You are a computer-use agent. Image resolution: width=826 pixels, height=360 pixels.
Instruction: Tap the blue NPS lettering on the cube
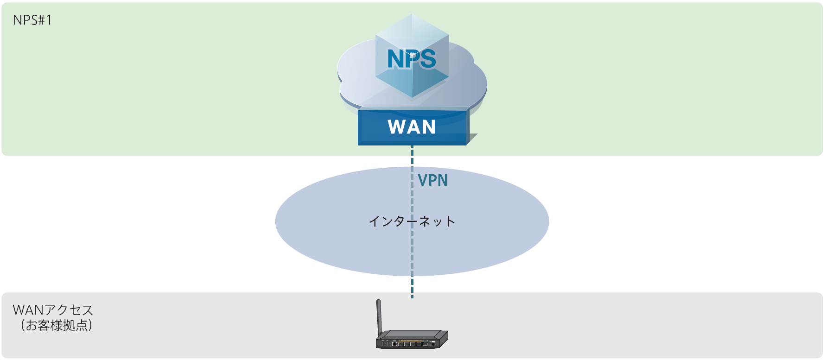pos(412,59)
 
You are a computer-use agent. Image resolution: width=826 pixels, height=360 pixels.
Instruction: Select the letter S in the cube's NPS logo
pos(427,59)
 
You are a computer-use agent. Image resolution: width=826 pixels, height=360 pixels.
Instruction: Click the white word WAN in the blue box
pos(412,127)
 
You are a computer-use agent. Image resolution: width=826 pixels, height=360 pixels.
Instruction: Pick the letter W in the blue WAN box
pos(397,127)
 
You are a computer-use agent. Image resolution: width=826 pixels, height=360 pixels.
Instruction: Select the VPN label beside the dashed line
pos(432,180)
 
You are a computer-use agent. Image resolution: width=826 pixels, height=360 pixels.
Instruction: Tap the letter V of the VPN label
pos(423,180)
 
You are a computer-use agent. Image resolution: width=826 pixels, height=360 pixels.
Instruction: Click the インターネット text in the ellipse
pos(412,221)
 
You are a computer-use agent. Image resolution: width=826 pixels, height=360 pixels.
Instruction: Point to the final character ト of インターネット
pos(450,221)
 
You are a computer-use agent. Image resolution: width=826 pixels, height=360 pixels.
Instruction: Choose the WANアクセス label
pos(53,309)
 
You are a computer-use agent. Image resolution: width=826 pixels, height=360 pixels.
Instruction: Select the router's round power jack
pos(433,343)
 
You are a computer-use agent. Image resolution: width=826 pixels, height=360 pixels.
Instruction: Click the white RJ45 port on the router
pos(394,344)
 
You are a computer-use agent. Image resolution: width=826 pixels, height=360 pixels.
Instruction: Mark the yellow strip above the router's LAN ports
pos(410,341)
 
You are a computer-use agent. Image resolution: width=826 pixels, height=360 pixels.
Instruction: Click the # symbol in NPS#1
pos(41,20)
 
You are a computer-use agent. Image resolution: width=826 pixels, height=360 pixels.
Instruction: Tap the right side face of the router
pos(444,338)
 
